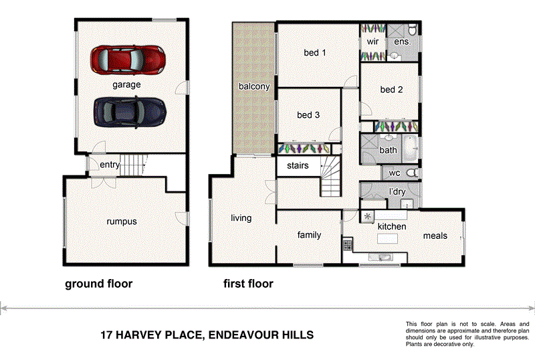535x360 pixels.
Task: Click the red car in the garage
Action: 128,59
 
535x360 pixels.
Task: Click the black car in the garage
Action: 129,111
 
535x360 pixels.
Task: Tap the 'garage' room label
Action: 126,85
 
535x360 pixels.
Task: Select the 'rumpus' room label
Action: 121,221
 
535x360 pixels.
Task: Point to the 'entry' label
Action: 110,165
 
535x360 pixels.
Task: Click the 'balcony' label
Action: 254,86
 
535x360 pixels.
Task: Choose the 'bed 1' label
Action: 314,53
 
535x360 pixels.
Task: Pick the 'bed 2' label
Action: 391,90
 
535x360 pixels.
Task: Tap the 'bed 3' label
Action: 308,115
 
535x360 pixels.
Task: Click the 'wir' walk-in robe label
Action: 373,41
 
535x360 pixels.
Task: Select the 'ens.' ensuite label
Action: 403,41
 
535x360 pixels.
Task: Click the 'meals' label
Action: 435,236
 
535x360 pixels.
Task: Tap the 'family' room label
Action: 309,235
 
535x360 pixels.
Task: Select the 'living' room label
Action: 241,218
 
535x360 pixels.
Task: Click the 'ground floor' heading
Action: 98,284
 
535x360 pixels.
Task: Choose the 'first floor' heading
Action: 248,284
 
